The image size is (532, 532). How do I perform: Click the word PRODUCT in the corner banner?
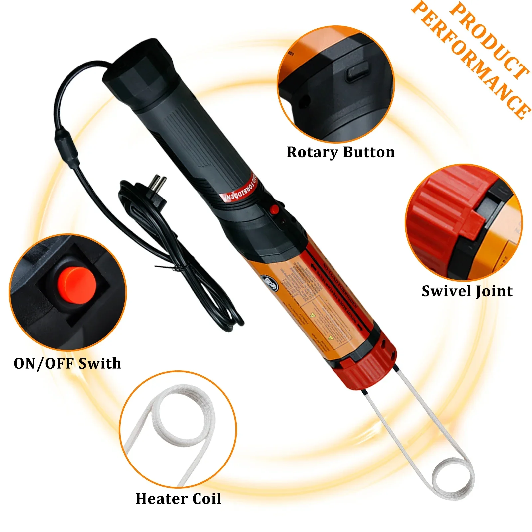point(489,40)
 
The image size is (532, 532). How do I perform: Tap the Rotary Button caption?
point(340,152)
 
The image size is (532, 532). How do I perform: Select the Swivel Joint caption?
point(467,291)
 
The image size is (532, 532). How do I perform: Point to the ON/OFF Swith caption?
point(67,363)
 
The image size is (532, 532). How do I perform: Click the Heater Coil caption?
point(178,499)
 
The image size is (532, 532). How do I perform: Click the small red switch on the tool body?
point(274,209)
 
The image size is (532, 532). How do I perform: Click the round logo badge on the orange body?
point(270,283)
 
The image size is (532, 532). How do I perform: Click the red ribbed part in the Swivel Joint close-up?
point(442,213)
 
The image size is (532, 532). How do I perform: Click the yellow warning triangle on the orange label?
point(313,315)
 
